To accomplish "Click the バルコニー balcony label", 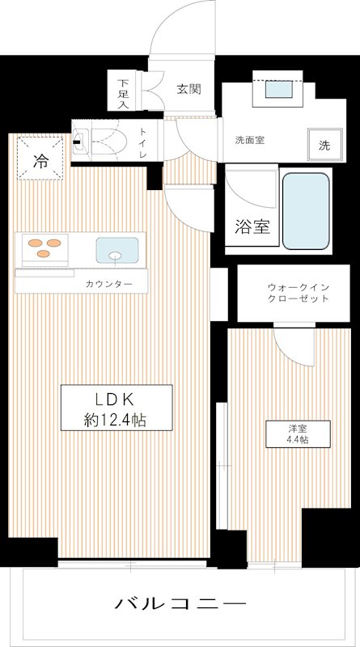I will pos(180,604).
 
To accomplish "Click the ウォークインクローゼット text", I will pos(298,293).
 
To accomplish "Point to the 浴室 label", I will pos(251,226).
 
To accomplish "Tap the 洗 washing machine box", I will pos(324,146).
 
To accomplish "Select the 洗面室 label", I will pos(250,139).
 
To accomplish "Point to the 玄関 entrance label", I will pos(189,89).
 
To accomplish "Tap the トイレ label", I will pos(143,141).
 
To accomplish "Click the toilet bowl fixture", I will pos(102,141).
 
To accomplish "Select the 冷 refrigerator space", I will pos(40,161).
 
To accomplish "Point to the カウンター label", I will pos(108,284).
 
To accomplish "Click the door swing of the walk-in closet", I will pos(292,344).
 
